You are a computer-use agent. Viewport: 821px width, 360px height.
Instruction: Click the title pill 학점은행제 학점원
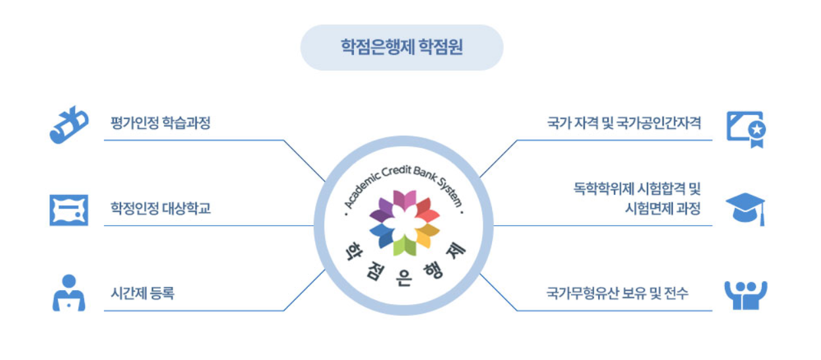[x=401, y=47]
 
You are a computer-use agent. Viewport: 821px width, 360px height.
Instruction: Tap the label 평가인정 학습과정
[x=161, y=123]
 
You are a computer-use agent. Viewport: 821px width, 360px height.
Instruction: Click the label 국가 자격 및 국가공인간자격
[x=624, y=123]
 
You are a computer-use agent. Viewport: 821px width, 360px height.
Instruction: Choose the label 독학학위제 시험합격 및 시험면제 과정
[x=637, y=199]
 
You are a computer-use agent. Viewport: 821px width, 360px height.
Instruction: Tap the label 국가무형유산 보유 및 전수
[x=617, y=294]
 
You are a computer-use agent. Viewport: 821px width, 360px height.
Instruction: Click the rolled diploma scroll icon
[x=68, y=124]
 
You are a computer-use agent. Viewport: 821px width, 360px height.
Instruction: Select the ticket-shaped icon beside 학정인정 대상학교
[x=68, y=210]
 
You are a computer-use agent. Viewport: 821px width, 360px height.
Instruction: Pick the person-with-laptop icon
[x=68, y=294]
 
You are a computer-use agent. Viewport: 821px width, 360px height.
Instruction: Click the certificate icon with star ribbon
[x=745, y=128]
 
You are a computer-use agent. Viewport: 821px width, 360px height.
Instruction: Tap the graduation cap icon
[x=745, y=208]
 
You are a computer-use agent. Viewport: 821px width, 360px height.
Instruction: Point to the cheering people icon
[x=745, y=295]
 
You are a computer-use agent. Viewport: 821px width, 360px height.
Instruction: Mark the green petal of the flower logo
[x=404, y=245]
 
